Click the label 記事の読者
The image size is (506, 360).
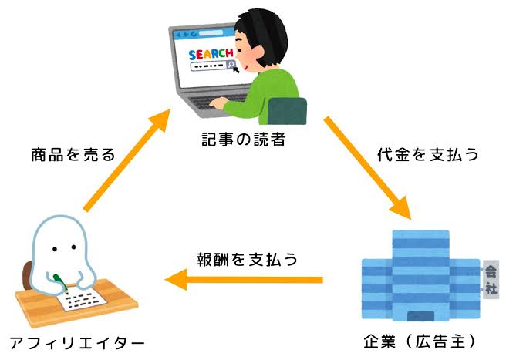[244, 140]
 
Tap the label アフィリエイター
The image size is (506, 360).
[77, 343]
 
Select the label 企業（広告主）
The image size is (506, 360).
[420, 341]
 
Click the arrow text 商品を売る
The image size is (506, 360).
[73, 154]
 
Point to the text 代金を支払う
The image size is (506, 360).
[428, 154]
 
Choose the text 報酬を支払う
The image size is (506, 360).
[247, 260]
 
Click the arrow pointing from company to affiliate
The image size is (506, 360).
[244, 280]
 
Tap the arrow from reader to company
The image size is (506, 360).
[367, 168]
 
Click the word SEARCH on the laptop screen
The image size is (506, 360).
[211, 54]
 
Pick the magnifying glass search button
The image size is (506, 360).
[231, 64]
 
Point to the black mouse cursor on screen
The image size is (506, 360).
[236, 69]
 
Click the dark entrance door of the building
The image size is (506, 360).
[420, 316]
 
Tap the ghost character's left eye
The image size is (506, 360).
[55, 249]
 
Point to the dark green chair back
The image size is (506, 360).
[287, 111]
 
